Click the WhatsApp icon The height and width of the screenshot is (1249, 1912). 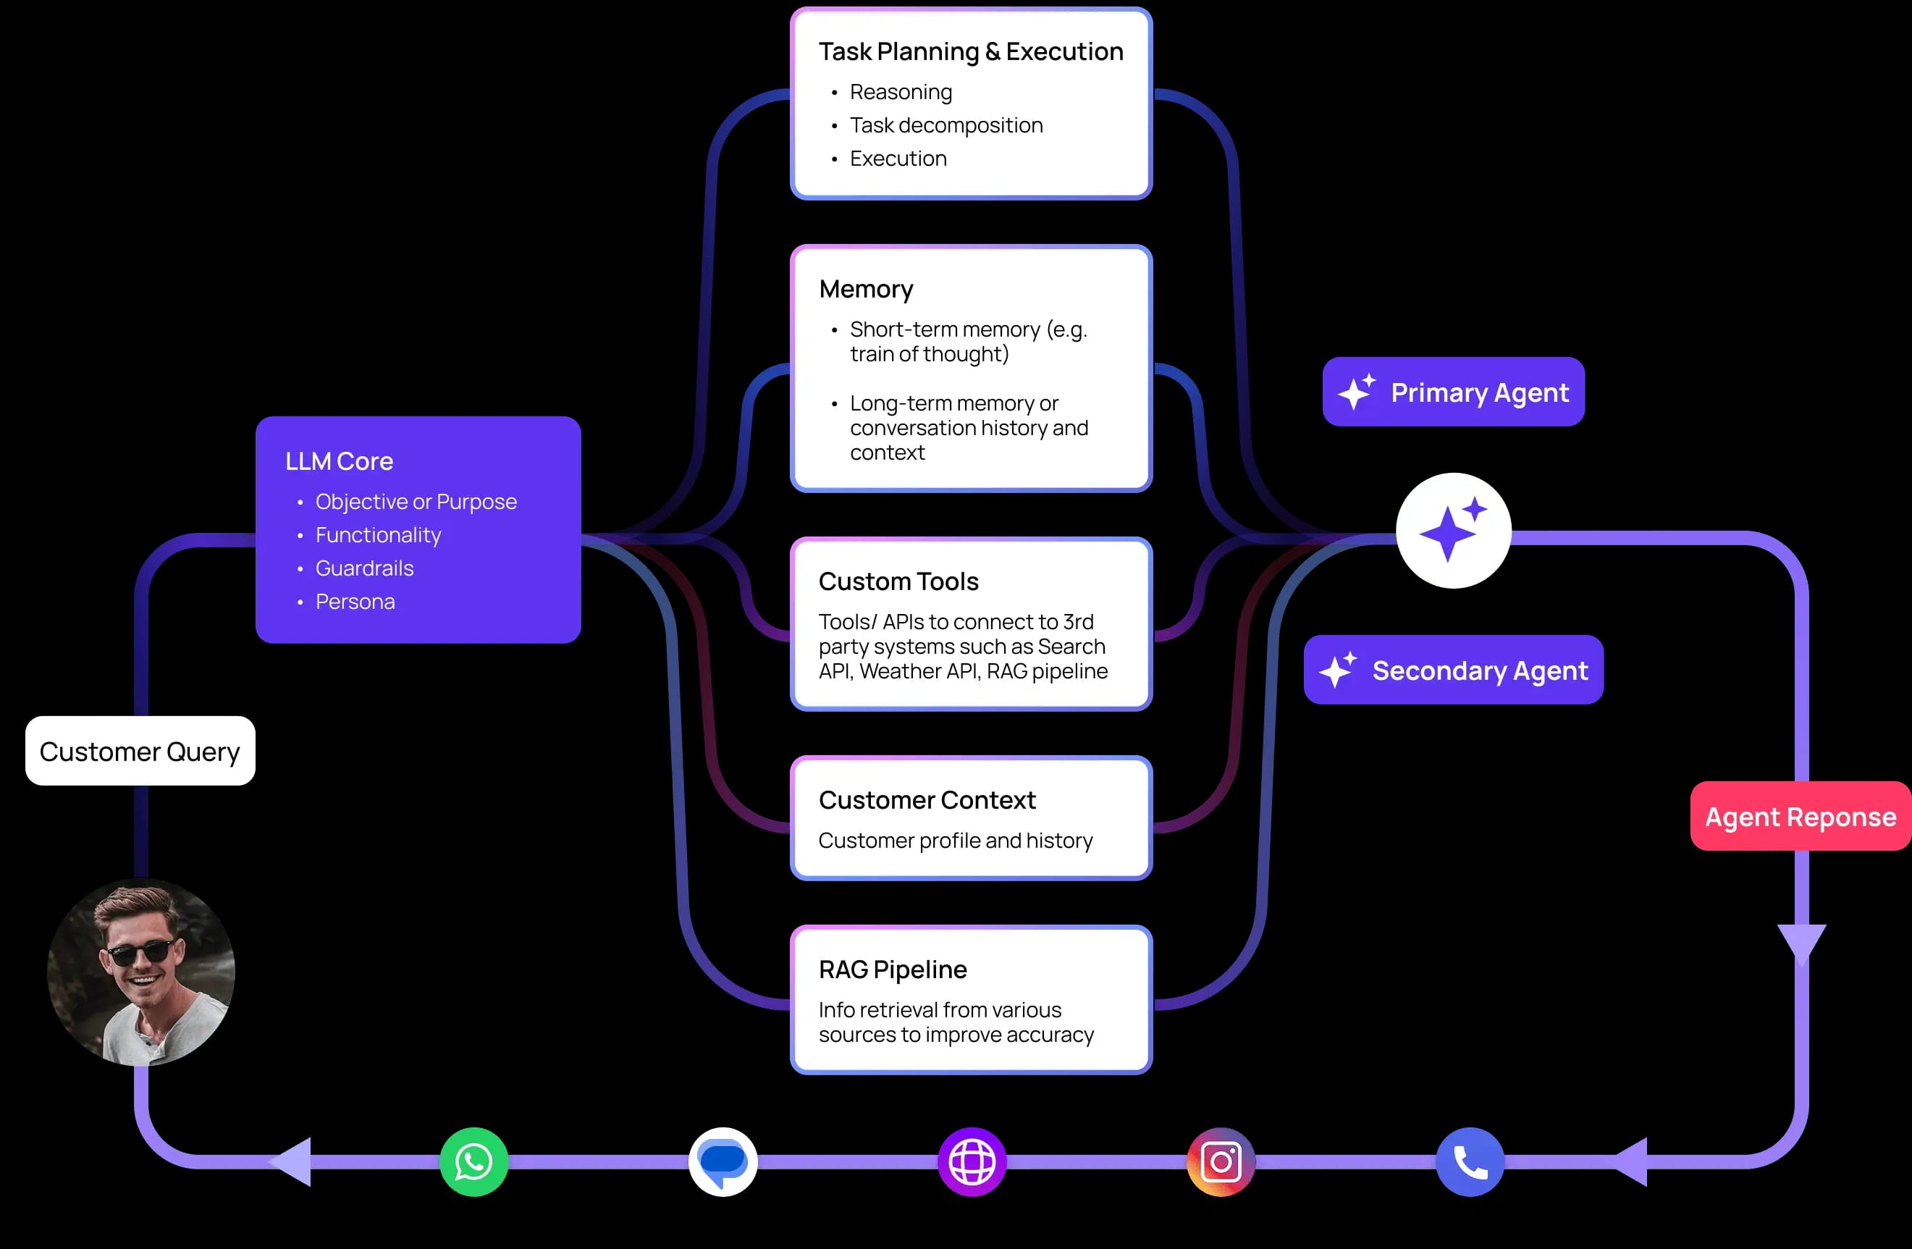(x=474, y=1161)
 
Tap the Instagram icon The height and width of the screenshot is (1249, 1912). (x=1221, y=1161)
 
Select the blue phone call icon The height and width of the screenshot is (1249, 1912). (x=1470, y=1161)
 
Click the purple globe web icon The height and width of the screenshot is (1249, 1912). (x=972, y=1161)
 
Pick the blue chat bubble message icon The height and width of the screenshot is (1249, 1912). (x=723, y=1161)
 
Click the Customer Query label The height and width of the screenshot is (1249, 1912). (x=140, y=751)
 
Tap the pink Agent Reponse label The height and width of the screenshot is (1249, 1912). (x=1801, y=816)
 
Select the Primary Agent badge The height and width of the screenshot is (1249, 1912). (x=1453, y=392)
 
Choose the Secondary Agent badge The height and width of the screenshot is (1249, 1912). (x=1453, y=670)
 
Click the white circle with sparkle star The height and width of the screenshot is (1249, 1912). (x=1453, y=530)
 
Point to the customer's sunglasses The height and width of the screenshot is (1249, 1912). (x=140, y=953)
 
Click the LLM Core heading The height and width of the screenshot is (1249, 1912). (x=339, y=461)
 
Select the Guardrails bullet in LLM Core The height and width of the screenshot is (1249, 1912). (x=364, y=568)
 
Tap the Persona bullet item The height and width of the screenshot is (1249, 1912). (x=355, y=602)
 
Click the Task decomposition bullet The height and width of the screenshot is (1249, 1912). (x=946, y=125)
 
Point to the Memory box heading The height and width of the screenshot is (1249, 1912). (x=866, y=289)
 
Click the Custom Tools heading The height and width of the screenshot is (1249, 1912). (x=898, y=581)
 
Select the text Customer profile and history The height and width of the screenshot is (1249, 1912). (x=955, y=840)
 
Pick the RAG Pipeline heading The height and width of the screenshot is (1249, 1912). (x=893, y=970)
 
